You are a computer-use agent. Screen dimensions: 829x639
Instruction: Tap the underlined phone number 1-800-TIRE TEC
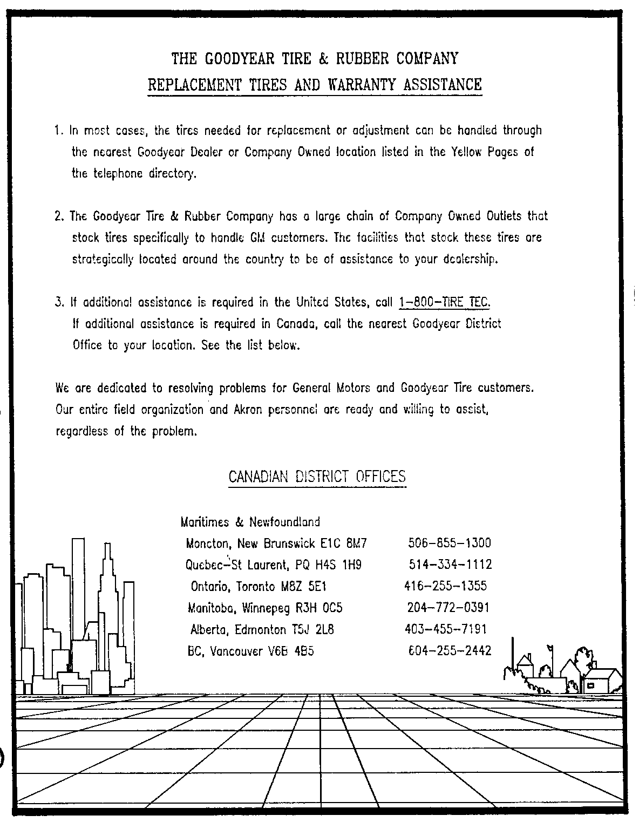pos(444,302)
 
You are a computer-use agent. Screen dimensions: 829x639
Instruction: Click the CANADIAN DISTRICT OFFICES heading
pos(317,477)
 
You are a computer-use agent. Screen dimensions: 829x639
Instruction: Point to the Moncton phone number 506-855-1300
pos(450,543)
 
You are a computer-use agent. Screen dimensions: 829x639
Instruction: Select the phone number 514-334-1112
pos(450,565)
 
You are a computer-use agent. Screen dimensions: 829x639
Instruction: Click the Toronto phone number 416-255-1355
pos(445,586)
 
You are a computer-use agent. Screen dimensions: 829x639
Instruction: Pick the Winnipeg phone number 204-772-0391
pos(448,608)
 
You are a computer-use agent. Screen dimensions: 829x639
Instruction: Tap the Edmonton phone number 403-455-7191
pos(445,629)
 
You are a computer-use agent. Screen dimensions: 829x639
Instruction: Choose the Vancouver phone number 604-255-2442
pos(450,651)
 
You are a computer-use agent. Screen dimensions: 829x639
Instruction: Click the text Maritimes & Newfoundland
pos(250,522)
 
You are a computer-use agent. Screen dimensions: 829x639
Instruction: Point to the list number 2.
pos(58,216)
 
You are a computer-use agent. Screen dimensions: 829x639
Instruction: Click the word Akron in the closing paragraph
pos(248,410)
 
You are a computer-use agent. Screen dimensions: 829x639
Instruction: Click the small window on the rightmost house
pos(591,685)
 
